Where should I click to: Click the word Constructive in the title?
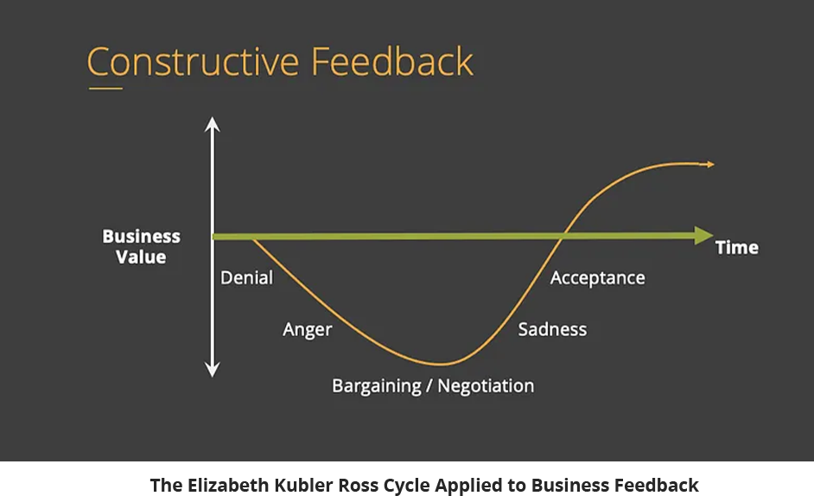(x=193, y=62)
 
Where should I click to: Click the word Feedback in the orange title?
(x=392, y=61)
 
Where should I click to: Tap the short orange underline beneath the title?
(x=106, y=88)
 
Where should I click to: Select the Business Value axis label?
(x=141, y=246)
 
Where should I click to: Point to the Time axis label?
(x=736, y=248)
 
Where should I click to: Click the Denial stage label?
(x=246, y=278)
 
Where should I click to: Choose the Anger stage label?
(x=308, y=330)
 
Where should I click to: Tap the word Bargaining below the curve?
(x=377, y=386)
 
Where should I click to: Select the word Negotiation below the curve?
(x=486, y=386)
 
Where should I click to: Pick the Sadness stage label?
(x=552, y=329)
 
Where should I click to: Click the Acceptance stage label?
(x=597, y=278)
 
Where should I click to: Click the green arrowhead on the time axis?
(x=704, y=236)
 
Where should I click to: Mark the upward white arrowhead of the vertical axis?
(x=212, y=124)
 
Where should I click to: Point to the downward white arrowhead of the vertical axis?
(x=212, y=369)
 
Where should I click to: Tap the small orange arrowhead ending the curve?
(x=708, y=165)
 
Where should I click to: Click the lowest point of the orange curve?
(x=440, y=364)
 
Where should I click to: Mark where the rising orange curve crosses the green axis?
(x=563, y=236)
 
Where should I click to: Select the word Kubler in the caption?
(x=303, y=485)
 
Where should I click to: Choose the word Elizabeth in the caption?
(x=228, y=485)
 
